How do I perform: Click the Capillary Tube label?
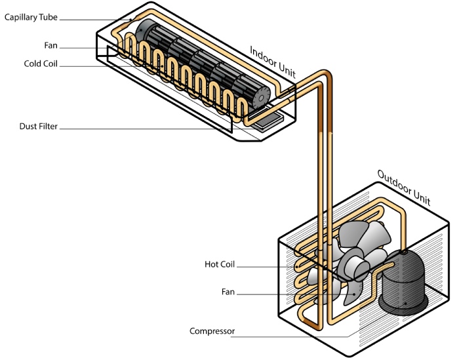click(31, 18)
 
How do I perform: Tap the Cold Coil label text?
click(41, 64)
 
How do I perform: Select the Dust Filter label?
click(38, 126)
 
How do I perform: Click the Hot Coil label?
click(220, 264)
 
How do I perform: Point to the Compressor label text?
click(212, 331)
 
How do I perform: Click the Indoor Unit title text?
click(273, 62)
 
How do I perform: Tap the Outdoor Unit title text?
click(404, 188)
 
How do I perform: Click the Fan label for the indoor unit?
click(50, 45)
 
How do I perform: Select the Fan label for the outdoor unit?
click(228, 292)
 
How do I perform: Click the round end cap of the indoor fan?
click(261, 97)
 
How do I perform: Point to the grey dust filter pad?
click(268, 121)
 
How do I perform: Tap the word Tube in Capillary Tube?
click(49, 17)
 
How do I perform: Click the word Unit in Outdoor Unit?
click(421, 197)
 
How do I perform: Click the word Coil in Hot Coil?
click(228, 264)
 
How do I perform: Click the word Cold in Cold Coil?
click(32, 64)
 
